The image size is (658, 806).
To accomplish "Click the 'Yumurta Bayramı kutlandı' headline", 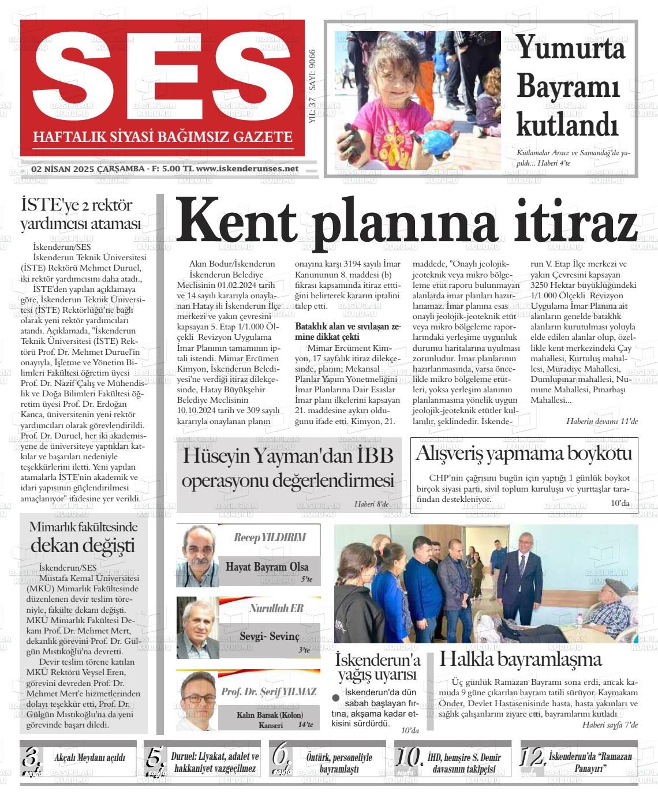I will click(x=569, y=85).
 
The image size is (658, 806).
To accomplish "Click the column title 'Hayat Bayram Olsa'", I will click(x=267, y=567).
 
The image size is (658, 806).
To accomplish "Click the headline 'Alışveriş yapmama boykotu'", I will click(x=524, y=453).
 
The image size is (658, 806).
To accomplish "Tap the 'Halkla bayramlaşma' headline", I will click(x=521, y=659).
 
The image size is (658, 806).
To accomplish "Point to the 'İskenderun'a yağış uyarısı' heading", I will click(x=378, y=668).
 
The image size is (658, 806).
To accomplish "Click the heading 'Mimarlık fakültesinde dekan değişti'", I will click(x=83, y=536).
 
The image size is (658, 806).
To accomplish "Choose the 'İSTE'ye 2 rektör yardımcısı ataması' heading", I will click(x=81, y=214).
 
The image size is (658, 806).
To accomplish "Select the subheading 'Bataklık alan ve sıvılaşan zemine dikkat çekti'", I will click(x=347, y=331).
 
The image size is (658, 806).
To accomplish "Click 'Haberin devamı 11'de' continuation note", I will click(x=601, y=421).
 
